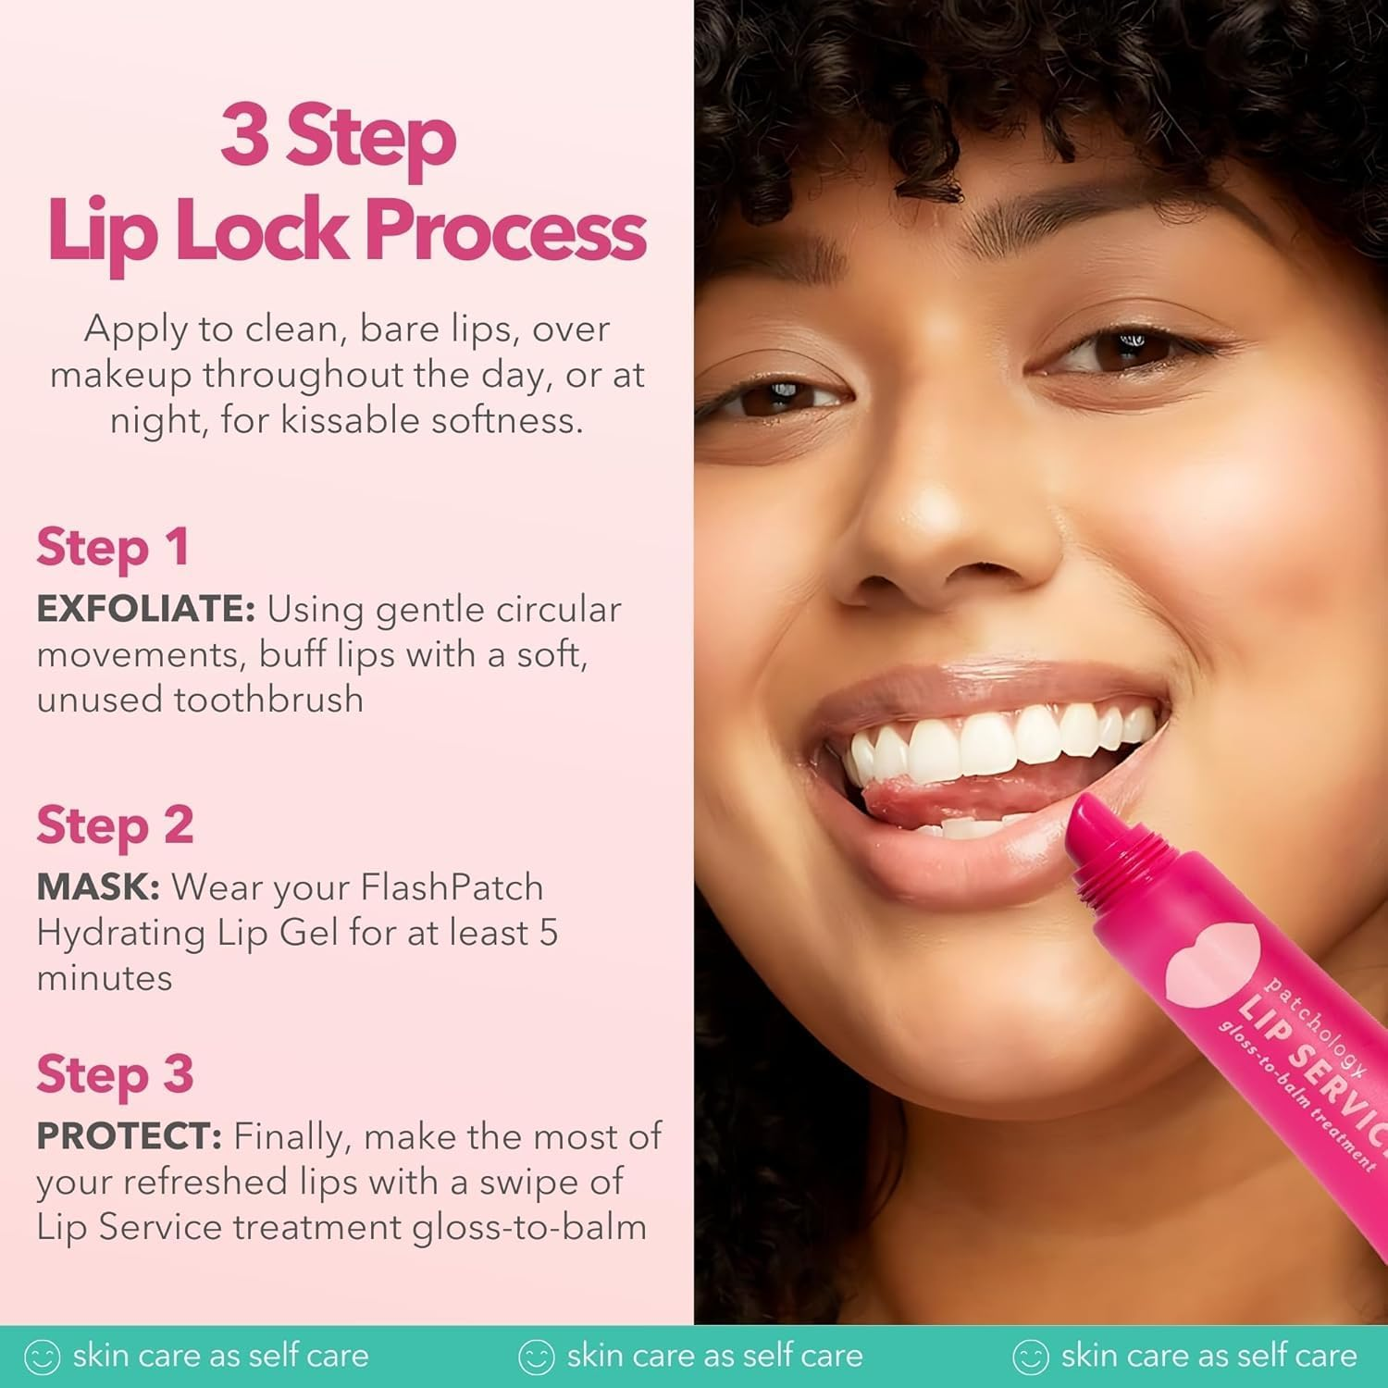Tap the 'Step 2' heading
115,824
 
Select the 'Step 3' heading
115,1074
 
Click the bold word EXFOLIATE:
145,610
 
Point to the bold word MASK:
98,887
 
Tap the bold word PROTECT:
129,1136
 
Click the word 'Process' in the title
505,231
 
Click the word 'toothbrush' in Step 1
269,700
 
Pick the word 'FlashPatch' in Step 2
452,887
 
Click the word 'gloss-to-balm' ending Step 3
529,1228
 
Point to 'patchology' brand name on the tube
1315,1028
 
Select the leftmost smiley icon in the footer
42,1357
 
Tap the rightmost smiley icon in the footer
1030,1357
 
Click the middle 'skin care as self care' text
714,1357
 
